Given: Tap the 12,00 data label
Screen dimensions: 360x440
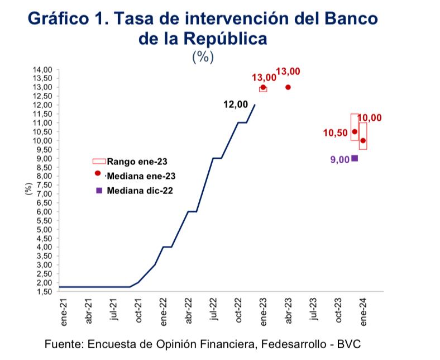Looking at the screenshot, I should [x=235, y=104].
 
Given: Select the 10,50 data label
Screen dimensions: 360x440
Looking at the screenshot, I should [x=335, y=132].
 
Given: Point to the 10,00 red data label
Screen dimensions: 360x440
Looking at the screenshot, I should [x=369, y=118].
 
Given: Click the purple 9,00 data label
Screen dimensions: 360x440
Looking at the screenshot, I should [x=339, y=159].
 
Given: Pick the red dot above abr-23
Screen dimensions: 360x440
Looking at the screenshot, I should [x=288, y=87].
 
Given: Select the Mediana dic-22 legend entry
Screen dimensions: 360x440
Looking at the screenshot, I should [x=140, y=190].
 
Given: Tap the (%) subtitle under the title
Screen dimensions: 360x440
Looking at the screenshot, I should [x=203, y=56].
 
